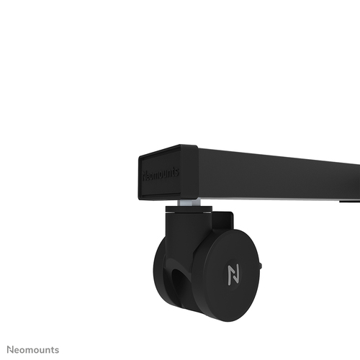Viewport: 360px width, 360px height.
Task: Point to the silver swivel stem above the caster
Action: [x=189, y=207]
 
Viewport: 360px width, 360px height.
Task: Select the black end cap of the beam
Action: [x=167, y=173]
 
